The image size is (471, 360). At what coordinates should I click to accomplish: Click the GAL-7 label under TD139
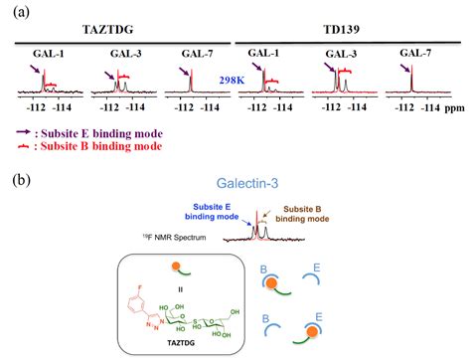coord(415,51)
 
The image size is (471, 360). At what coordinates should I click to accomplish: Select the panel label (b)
coord(16,181)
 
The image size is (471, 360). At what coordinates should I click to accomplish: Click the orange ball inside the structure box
coord(175,267)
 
